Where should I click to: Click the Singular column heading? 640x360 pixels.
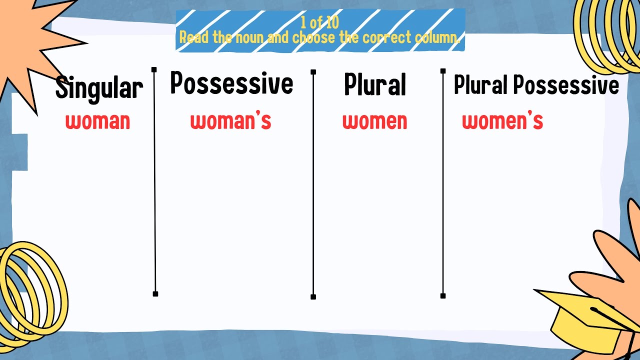99,88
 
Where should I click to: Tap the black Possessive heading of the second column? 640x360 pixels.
231,83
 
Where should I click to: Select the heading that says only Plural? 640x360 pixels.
374,85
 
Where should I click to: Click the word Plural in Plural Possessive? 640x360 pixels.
480,85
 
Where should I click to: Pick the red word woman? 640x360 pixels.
97,121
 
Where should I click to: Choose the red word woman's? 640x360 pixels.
230,121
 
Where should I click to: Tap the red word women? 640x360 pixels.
374,121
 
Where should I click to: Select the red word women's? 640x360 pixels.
502,121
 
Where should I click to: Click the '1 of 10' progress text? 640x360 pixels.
320,22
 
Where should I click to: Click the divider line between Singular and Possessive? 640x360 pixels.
154,180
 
